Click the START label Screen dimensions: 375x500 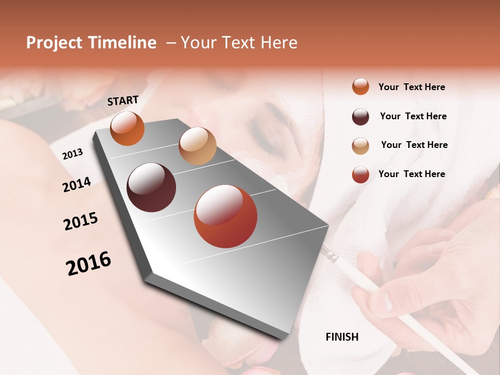tap(123, 101)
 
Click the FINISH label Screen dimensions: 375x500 tap(342, 337)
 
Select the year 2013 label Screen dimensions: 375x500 tap(72, 154)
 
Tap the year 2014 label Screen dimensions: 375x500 tap(77, 184)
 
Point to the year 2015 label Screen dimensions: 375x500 tap(81, 221)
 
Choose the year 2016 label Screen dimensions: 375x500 tap(89, 264)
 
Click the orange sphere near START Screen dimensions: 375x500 tap(127, 128)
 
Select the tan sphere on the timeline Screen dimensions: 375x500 tap(197, 146)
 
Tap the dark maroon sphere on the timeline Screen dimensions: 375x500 tap(151, 187)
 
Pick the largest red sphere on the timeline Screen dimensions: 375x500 tap(225, 216)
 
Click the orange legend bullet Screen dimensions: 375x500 tap(360, 86)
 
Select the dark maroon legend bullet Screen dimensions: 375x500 tap(360, 116)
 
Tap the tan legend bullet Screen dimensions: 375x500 tap(360, 145)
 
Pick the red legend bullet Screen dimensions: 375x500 tap(360, 174)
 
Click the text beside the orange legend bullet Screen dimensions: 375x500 tap(411, 87)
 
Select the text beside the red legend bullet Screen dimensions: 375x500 tap(411, 174)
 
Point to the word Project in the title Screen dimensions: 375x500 tap(55, 43)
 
